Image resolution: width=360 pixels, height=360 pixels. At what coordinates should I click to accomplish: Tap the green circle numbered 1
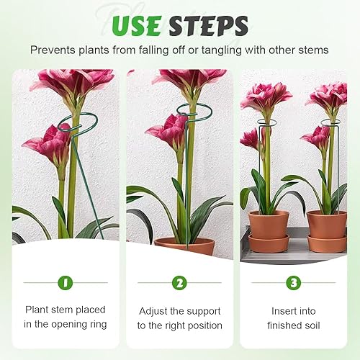(x=66, y=283)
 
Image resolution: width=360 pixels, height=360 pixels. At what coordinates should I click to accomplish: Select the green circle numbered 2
(x=179, y=283)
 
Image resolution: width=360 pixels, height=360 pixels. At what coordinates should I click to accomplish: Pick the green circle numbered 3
(x=293, y=283)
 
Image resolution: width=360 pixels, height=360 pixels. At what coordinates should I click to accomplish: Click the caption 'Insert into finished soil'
(x=293, y=317)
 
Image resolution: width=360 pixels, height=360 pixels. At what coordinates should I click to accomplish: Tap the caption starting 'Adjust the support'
(x=179, y=317)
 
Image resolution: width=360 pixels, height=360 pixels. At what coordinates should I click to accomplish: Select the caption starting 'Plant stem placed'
(x=66, y=317)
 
